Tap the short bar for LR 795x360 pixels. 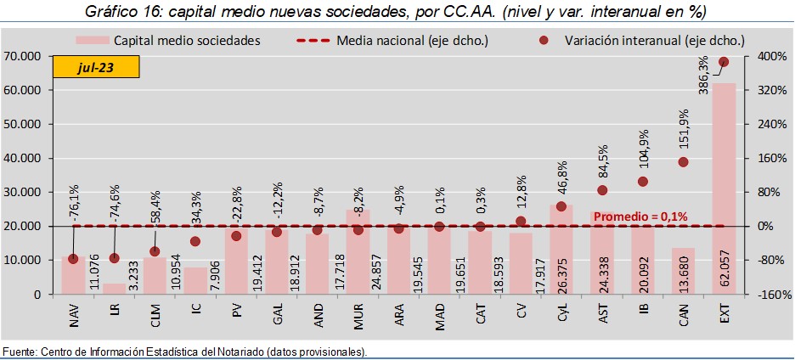pyautogui.click(x=114, y=289)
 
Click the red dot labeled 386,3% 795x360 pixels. pyautogui.click(x=724, y=62)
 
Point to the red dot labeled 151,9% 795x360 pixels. pyautogui.click(x=683, y=162)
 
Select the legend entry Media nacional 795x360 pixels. pyautogui.click(x=392, y=40)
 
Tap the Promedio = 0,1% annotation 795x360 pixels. pyautogui.click(x=640, y=217)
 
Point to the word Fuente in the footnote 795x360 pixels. pyautogui.click(x=20, y=352)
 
